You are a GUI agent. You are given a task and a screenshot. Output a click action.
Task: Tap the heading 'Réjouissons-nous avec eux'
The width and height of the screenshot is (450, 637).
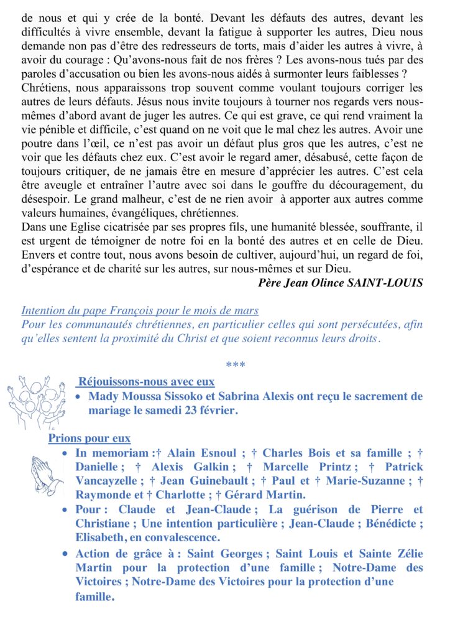pyautogui.click(x=145, y=382)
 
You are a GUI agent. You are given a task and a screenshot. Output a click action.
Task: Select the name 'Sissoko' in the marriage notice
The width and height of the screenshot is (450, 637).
pyautogui.click(x=186, y=396)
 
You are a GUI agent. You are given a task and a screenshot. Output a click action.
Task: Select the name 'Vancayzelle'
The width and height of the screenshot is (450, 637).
pyautogui.click(x=105, y=481)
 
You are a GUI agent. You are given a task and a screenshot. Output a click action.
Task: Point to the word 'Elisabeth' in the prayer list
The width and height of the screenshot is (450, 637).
pyautogui.click(x=102, y=537)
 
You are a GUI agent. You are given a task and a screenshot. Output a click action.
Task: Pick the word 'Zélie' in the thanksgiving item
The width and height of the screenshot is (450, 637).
pyautogui.click(x=406, y=554)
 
